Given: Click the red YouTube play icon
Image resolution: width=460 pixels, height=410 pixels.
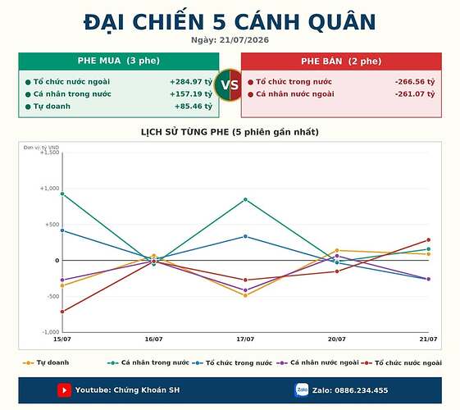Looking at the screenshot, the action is tap(64, 390).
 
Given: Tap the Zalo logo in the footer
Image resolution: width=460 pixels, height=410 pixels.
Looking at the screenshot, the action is tap(302, 390).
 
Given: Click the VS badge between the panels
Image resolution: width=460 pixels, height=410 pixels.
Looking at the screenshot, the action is tap(230, 85).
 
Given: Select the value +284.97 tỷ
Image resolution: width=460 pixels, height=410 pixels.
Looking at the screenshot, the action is tap(191, 82).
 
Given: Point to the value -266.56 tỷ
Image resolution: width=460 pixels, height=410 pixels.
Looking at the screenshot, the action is tap(415, 82).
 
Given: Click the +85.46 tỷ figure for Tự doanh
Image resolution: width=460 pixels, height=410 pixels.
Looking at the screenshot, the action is tap(194, 106).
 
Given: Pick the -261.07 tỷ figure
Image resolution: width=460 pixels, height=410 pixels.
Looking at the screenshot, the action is tap(415, 94).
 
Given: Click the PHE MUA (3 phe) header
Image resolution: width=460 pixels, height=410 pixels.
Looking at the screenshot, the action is tap(119, 61).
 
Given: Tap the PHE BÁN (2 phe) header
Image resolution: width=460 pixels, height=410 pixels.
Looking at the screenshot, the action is tap(341, 61).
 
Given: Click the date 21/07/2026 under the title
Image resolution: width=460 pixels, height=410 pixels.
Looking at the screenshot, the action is tap(244, 40).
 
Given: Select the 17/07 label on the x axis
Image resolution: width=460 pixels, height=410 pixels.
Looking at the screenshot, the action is tap(245, 339).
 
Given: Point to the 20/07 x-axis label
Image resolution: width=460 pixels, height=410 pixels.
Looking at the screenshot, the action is tap(337, 339).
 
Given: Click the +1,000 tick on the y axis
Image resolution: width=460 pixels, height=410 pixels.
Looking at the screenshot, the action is tap(49, 189).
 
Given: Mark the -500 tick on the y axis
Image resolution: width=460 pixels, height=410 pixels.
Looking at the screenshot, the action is tap(52, 297).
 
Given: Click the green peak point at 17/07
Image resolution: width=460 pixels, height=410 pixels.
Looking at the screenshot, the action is tap(245, 200).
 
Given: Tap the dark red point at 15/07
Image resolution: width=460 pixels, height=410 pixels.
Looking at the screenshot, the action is tap(62, 312).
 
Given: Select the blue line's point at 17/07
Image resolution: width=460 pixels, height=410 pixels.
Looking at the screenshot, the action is tap(245, 236).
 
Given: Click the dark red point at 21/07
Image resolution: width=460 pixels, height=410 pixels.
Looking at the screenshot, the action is tap(428, 240).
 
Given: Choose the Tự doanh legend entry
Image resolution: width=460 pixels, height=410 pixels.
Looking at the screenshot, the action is tap(46, 362).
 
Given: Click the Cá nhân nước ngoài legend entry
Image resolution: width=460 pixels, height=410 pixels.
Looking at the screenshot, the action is tap(317, 362).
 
